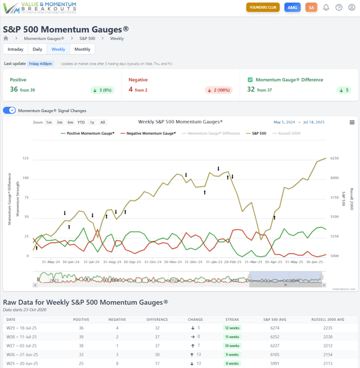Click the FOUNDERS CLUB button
pyautogui.click(x=263, y=7)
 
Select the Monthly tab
pyautogui.click(x=82, y=49)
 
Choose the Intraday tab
pyautogui.click(x=15, y=49)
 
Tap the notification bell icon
pyautogui.click(x=326, y=7)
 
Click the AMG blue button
pyautogui.click(x=292, y=7)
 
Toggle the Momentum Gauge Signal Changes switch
pyautogui.click(x=10, y=110)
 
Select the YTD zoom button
pyautogui.click(x=81, y=122)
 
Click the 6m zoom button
pyautogui.click(x=70, y=122)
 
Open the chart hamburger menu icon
pyautogui.click(x=352, y=122)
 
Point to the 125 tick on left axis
pyautogui.click(x=26, y=158)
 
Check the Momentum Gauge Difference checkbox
pyautogui.click(x=250, y=80)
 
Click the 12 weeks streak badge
pyautogui.click(x=231, y=327)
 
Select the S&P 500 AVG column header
pyautogui.click(x=273, y=319)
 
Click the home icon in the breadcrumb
pyautogui.click(x=6, y=39)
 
